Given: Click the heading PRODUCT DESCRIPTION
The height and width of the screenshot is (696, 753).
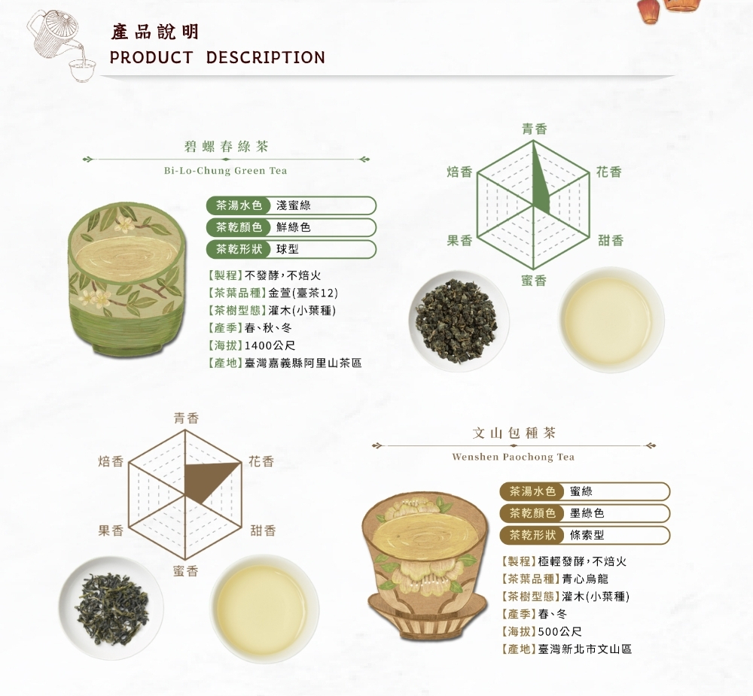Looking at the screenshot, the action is (x=218, y=58).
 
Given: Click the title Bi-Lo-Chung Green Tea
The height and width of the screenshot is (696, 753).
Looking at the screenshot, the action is (x=226, y=170).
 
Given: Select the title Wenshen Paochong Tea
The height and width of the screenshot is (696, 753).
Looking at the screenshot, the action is (x=514, y=457).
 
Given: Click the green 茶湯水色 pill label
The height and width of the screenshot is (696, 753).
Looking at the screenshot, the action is (x=239, y=205).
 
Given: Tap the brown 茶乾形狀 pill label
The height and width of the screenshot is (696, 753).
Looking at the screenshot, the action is (x=532, y=535).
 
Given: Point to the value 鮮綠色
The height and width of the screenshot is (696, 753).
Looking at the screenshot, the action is (x=294, y=227).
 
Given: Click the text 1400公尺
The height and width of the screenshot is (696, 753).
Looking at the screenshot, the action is (x=270, y=345).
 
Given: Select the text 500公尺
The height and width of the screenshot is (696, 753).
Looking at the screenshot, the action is (x=560, y=631).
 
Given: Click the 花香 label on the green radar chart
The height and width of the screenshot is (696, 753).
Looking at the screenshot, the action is (x=609, y=172).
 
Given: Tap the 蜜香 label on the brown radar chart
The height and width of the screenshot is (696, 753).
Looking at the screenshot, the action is (x=185, y=570).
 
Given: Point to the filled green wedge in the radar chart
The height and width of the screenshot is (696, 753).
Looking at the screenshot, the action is (x=541, y=180).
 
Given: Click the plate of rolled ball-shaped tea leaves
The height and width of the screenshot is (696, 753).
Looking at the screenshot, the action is (x=459, y=321).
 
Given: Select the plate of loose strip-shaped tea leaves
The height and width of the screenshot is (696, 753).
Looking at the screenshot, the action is (x=111, y=608).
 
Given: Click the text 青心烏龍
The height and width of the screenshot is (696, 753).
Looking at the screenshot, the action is (x=585, y=579).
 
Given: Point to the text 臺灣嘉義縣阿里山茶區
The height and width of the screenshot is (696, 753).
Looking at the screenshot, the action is (x=303, y=363).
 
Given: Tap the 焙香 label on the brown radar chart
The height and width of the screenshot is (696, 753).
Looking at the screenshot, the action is (x=111, y=461).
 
